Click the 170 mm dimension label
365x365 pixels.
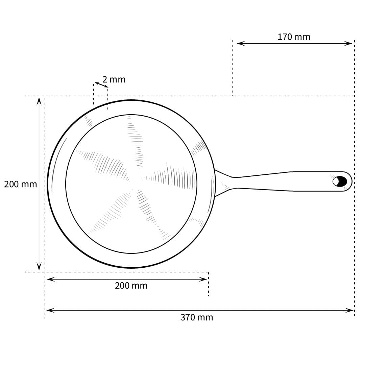[x=294, y=37]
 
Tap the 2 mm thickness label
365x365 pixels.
[x=114, y=80]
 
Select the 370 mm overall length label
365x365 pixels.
[x=197, y=317]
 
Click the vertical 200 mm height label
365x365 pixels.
[x=21, y=185]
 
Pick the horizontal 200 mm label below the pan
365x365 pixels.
[x=131, y=286]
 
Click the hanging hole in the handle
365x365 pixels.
[x=340, y=181]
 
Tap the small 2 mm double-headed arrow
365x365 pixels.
[x=101, y=85]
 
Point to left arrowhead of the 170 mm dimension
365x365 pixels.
[x=241, y=44]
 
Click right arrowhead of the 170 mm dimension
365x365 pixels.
[x=348, y=44]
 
